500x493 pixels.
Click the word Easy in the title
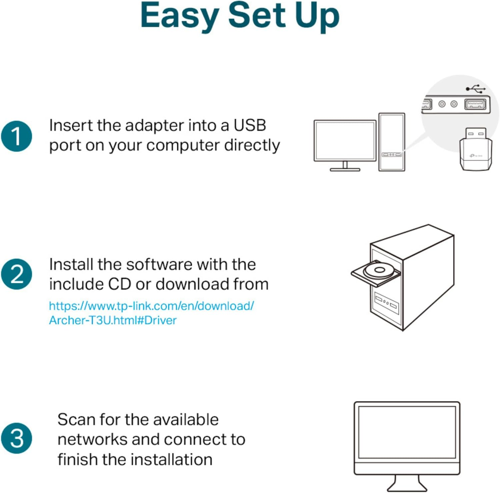(x=180, y=16)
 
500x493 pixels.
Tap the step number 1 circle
(x=17, y=136)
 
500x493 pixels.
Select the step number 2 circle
(x=17, y=274)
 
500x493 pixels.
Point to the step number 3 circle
(x=17, y=438)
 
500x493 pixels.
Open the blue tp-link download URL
(x=151, y=313)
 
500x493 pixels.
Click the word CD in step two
(x=120, y=284)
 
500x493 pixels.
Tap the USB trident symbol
(x=476, y=89)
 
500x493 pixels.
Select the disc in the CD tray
(x=379, y=271)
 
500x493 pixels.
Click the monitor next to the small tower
(x=345, y=142)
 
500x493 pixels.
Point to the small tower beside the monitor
(x=392, y=142)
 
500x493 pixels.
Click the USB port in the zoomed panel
(x=475, y=104)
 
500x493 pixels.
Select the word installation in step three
(x=171, y=459)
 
